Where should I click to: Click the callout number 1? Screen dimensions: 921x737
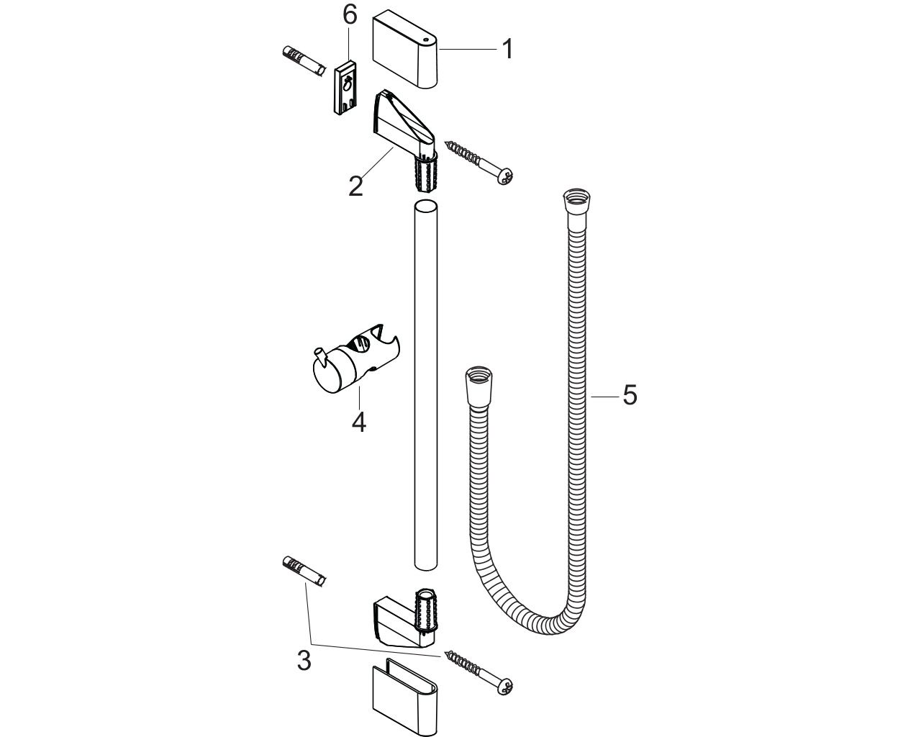point(507,49)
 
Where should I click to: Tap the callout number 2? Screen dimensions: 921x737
point(355,186)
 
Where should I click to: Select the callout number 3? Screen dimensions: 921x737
point(304,661)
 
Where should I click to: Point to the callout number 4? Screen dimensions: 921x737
point(359,422)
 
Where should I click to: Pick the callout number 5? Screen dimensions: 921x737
point(630,395)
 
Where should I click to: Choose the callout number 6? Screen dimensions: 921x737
point(350,16)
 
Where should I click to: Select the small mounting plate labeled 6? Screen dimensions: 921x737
point(346,88)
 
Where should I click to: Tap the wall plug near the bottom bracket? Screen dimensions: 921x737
point(304,573)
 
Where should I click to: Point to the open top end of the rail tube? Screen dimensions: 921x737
point(426,204)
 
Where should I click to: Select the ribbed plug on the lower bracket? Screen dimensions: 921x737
point(426,610)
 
